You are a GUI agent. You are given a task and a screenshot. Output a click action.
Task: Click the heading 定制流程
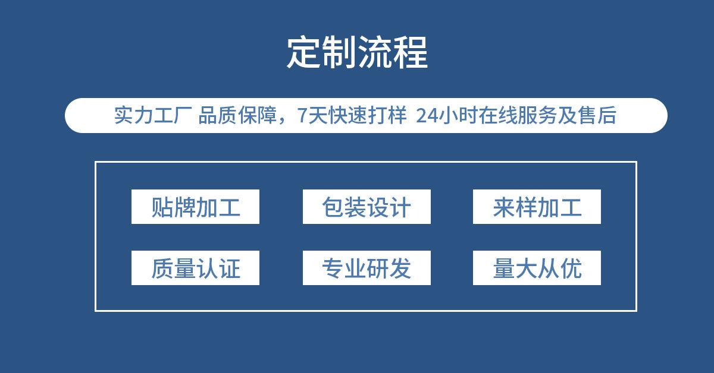coord(357,53)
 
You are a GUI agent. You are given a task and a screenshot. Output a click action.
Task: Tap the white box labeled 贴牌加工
coord(195,207)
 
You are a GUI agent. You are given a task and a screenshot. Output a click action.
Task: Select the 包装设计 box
coord(367,207)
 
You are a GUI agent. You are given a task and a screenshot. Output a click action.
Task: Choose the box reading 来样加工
coord(537,207)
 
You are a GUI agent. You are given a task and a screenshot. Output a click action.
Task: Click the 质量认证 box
coord(195,268)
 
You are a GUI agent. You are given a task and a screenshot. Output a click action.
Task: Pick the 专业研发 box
coord(367,268)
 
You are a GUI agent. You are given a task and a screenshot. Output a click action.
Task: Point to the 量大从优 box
coord(537,268)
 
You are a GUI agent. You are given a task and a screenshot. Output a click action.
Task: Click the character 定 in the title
coord(304,53)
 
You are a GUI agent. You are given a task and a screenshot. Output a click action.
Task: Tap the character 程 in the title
coord(411,53)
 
